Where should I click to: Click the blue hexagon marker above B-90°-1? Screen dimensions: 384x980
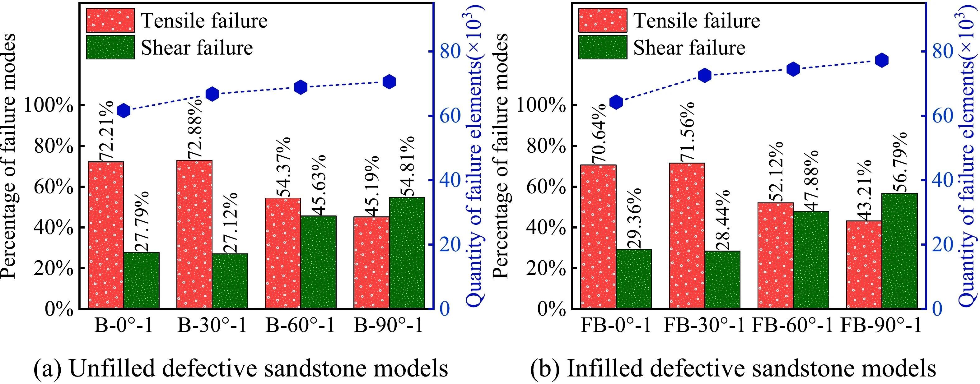click(389, 82)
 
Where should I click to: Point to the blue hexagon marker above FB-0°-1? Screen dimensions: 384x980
click(616, 102)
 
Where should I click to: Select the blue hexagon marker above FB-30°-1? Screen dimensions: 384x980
click(704, 75)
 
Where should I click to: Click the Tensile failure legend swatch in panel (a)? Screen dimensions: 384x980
click(110, 20)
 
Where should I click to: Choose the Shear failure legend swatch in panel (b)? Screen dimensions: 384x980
click(603, 47)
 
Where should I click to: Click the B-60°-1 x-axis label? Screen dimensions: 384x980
click(300, 326)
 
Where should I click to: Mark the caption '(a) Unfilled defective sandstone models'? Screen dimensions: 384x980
click(240, 368)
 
